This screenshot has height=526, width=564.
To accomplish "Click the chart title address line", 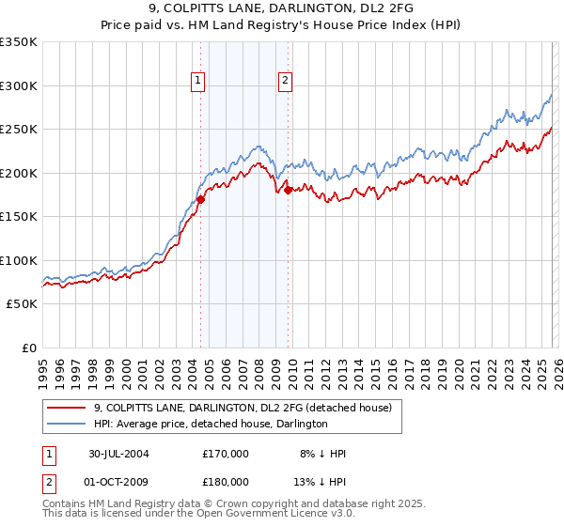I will pyautogui.click(x=282, y=8).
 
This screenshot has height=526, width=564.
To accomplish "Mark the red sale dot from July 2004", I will pyautogui.click(x=200, y=199).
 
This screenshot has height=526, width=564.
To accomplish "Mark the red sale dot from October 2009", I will pyautogui.click(x=288, y=191).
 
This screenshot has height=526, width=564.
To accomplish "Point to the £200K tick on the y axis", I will pyautogui.click(x=19, y=173).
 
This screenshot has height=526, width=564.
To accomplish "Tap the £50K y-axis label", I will pyautogui.click(x=22, y=304).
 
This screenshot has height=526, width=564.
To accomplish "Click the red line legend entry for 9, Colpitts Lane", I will pyautogui.click(x=248, y=408).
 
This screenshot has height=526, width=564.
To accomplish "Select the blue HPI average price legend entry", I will pyautogui.click(x=211, y=424).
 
